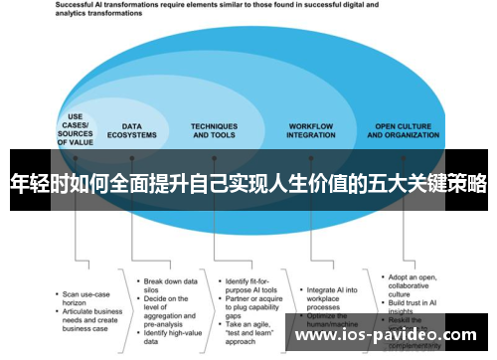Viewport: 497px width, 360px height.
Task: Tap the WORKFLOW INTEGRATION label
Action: (311, 132)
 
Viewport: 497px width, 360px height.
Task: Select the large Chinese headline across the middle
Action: (248, 183)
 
